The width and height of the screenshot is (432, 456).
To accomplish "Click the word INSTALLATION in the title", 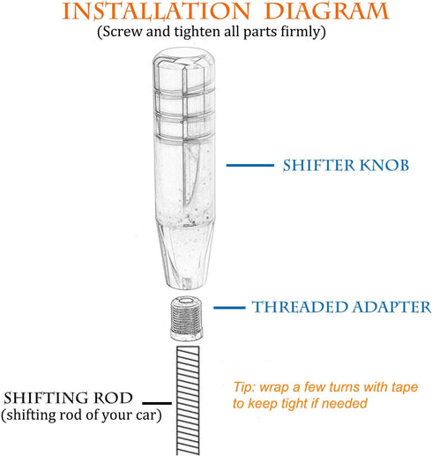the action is pos(156,11).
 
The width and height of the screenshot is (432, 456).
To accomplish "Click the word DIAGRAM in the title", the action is pos(326,11).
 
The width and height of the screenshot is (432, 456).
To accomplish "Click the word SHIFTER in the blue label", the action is pos(319,165).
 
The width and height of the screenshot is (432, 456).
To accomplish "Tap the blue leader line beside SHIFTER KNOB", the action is pos(250,166).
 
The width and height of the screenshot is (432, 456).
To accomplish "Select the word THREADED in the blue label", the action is pos(300,307).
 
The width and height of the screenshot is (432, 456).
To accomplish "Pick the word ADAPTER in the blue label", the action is pos(391,307).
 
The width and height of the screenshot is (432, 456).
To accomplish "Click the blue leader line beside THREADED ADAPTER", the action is pos(229,308).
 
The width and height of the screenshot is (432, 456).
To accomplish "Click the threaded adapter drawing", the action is pos(186,318).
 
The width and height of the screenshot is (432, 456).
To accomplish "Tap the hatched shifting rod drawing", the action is pos(188,400).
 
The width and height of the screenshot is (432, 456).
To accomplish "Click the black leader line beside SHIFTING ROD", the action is pos(157,403).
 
